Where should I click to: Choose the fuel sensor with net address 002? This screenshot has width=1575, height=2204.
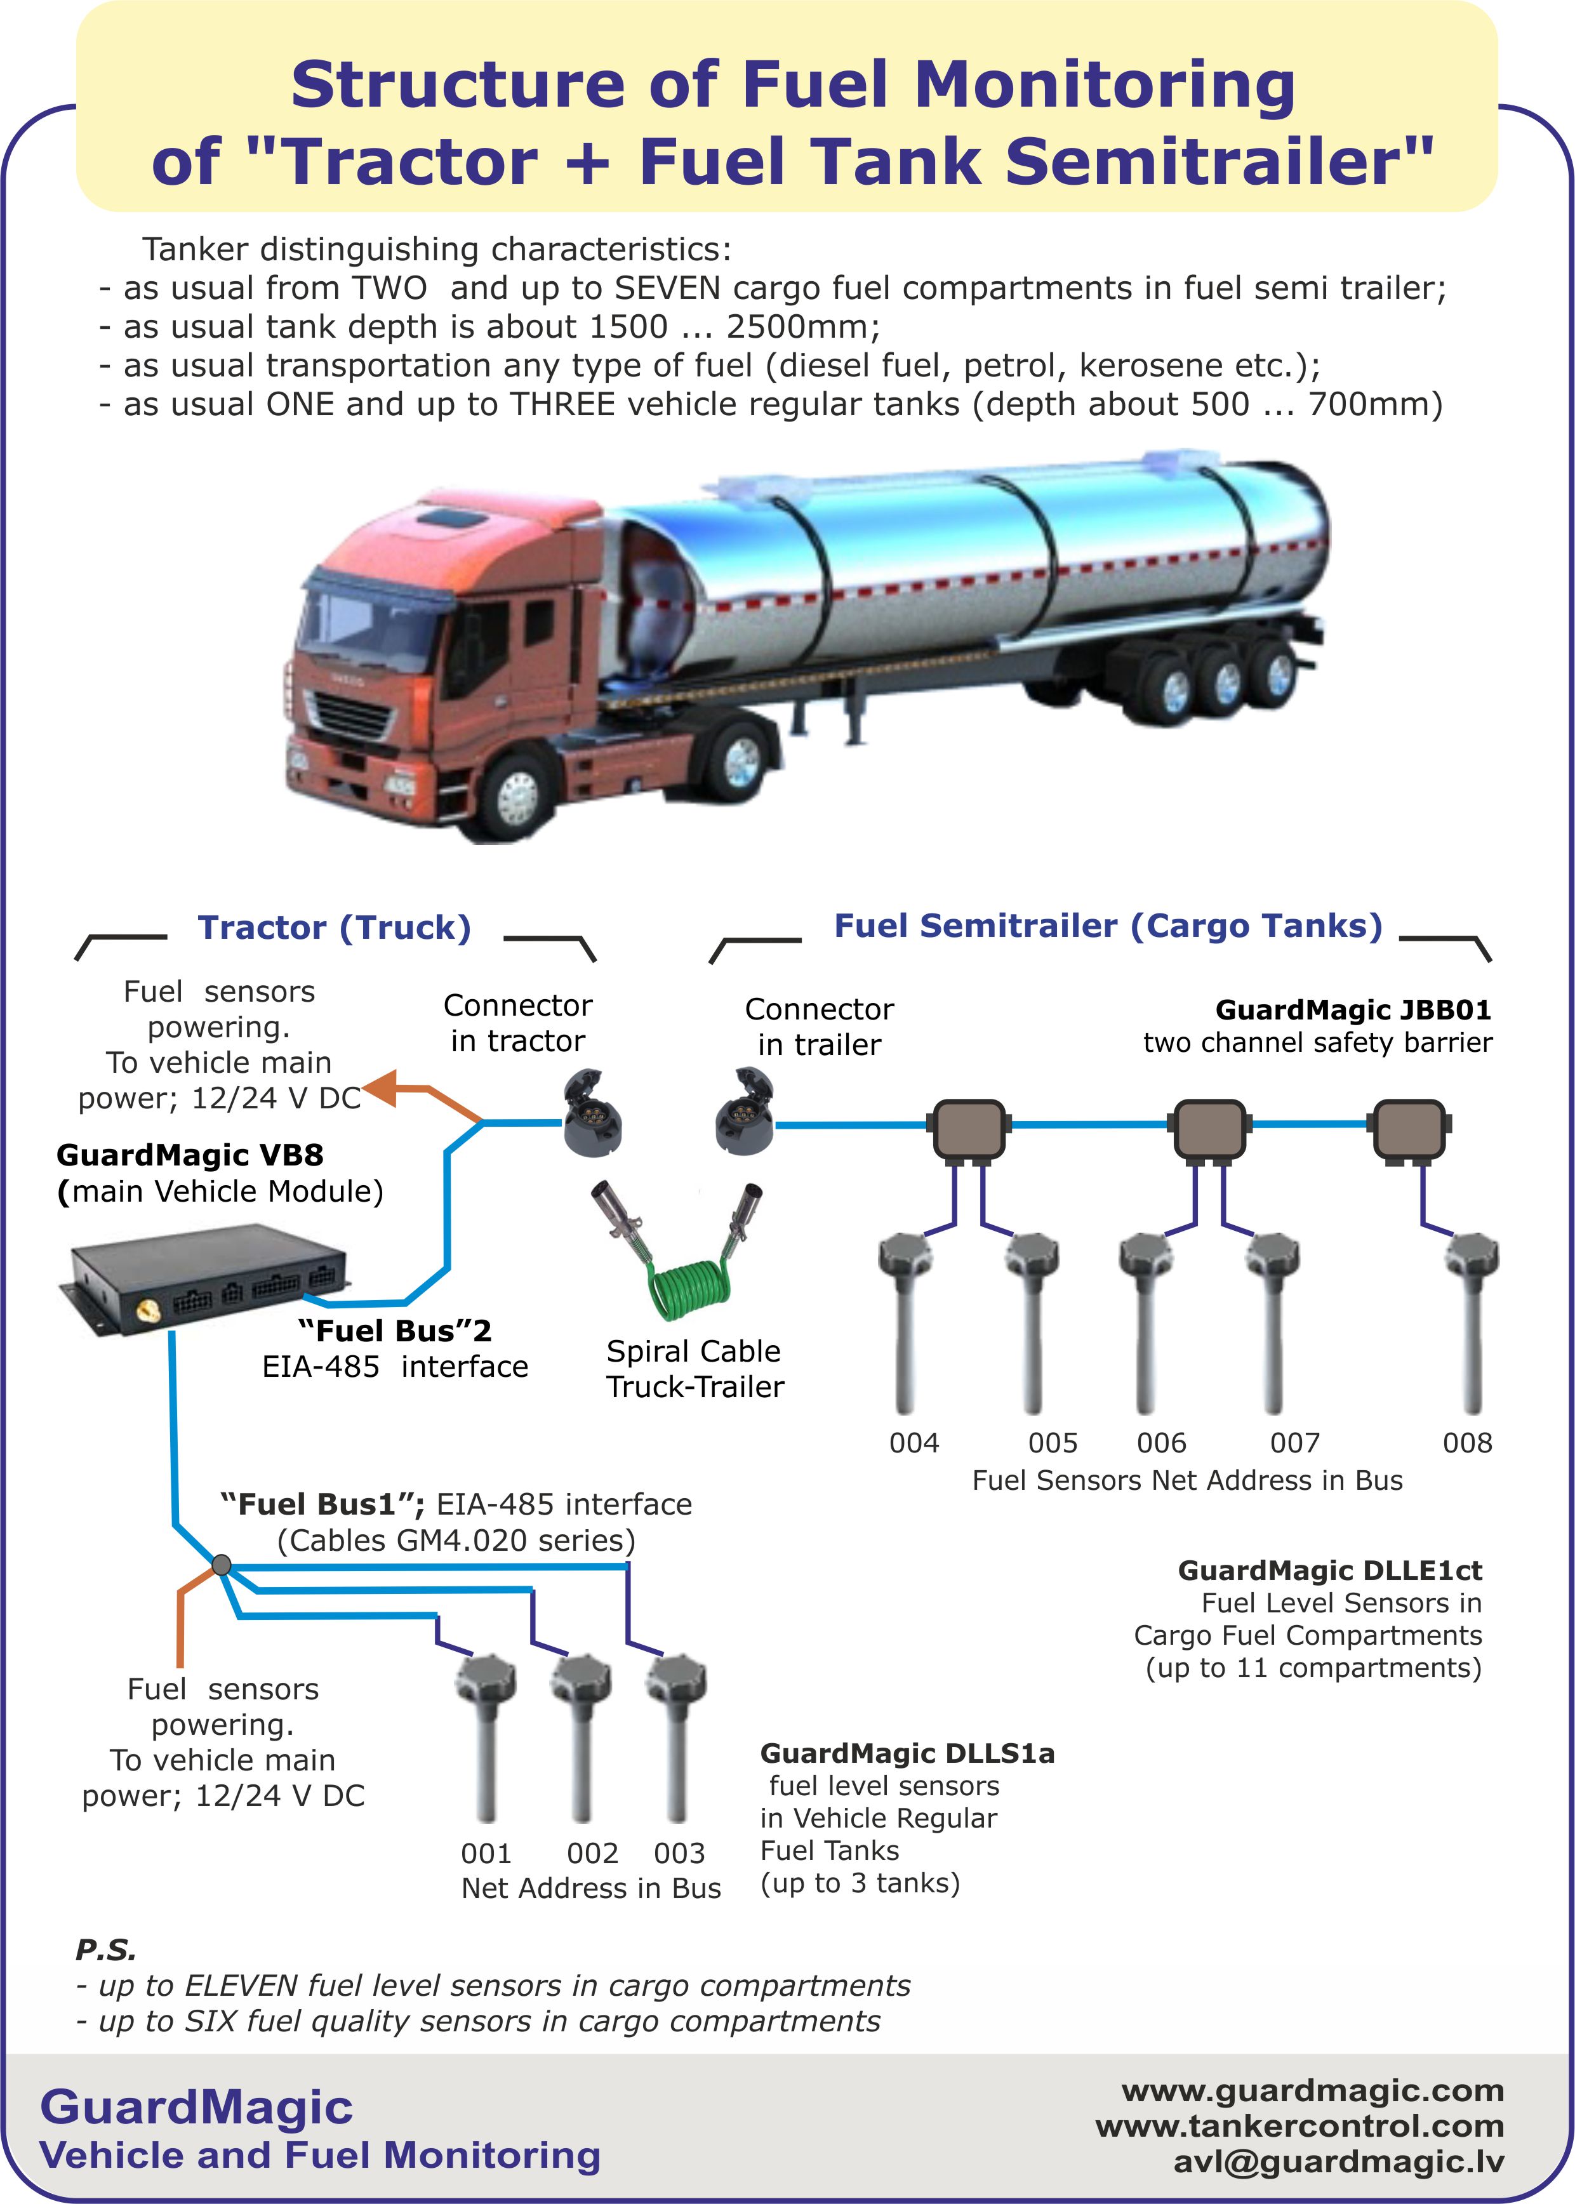pyautogui.click(x=582, y=1736)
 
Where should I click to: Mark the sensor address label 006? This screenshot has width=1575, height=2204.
pyautogui.click(x=1161, y=1443)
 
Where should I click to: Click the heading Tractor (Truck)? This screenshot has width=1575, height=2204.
pyautogui.click(x=335, y=928)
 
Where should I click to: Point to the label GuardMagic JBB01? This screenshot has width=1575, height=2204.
pyautogui.click(x=1353, y=1011)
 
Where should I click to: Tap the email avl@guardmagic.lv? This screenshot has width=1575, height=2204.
pyautogui.click(x=1338, y=2161)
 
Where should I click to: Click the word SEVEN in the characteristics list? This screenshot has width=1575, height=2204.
pyautogui.click(x=667, y=288)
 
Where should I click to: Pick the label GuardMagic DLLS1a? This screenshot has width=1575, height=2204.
pyautogui.click(x=907, y=1753)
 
